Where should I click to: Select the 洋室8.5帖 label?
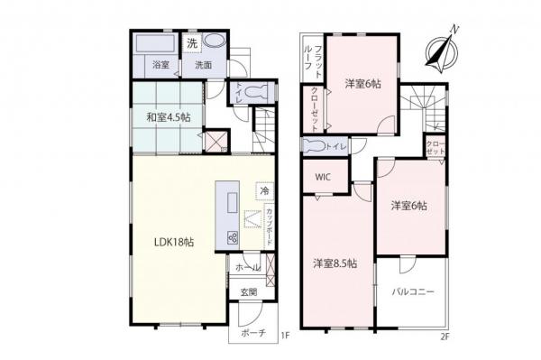[x=335, y=263]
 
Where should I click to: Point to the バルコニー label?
[x=413, y=292]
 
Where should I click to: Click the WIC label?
[x=323, y=177]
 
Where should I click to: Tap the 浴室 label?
[x=160, y=65]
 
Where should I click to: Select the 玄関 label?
[x=248, y=291]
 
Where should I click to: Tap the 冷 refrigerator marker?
[x=264, y=191]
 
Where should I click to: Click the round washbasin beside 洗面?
[x=215, y=42]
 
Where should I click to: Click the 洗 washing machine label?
[x=192, y=42]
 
